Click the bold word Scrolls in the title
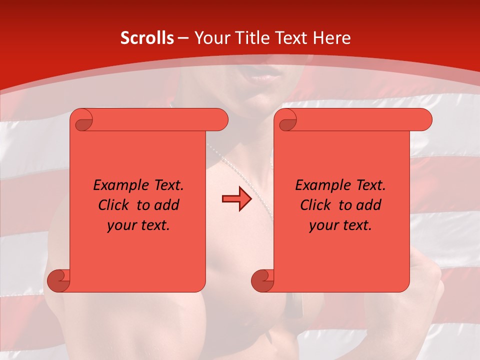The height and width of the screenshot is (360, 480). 147,38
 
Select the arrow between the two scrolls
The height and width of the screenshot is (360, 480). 237,199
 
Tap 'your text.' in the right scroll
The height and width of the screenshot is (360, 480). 340,225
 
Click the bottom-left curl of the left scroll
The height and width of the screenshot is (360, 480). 58,280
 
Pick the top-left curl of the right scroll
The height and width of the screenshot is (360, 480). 286,120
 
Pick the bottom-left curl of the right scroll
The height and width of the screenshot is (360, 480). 262,280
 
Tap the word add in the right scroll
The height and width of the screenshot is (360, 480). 369,205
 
